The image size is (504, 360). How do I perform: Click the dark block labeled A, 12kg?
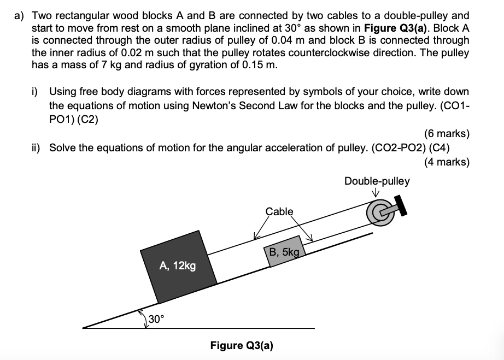point(178,265)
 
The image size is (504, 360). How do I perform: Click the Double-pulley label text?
point(377,181)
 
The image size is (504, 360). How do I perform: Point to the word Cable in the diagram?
point(279,211)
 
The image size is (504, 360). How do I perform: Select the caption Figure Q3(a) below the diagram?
point(242,345)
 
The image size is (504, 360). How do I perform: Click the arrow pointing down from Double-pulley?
point(377,192)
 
